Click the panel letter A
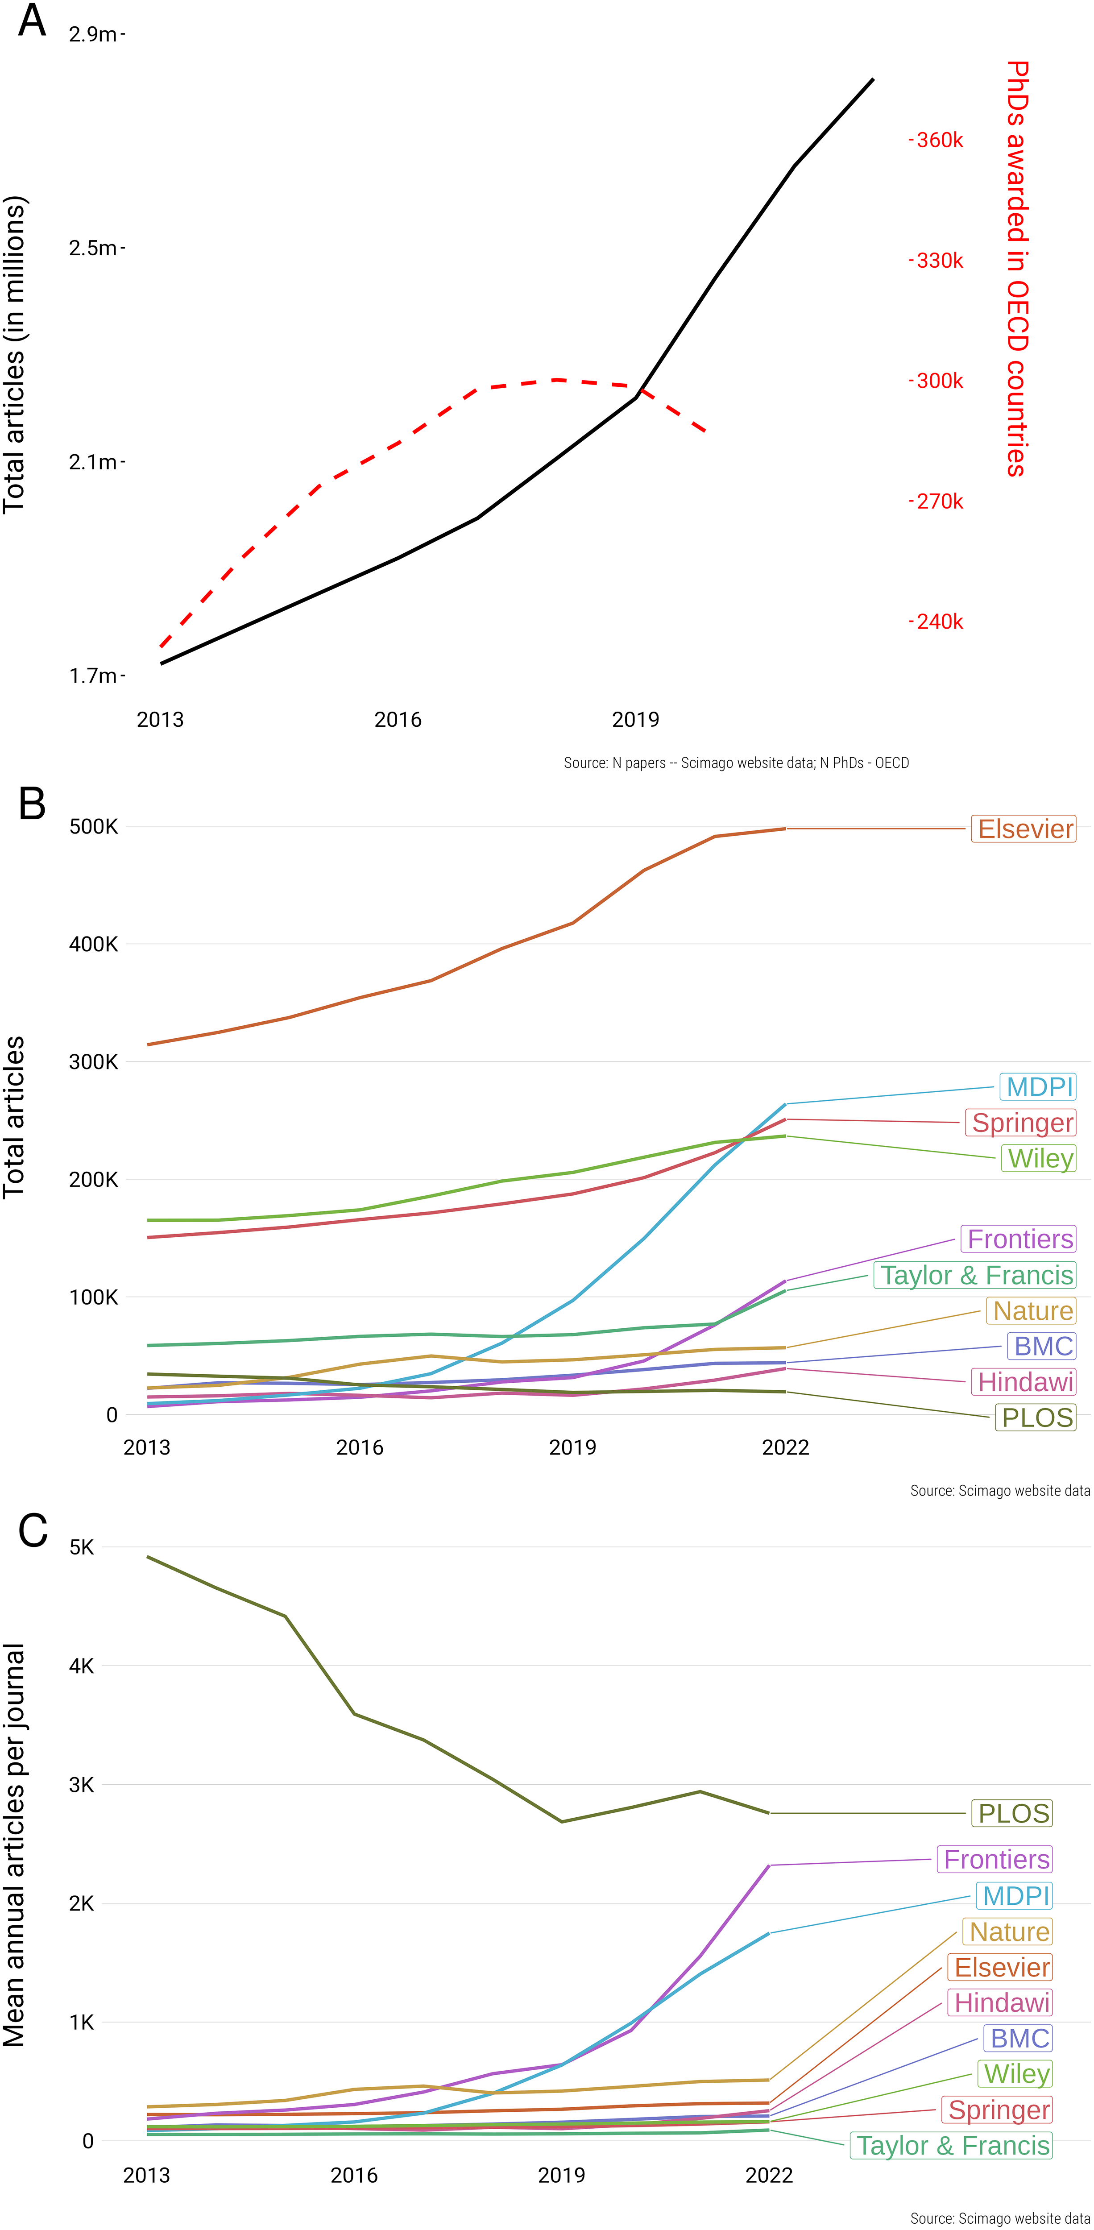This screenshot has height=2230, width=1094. (32, 21)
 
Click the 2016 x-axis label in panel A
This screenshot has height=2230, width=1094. (397, 719)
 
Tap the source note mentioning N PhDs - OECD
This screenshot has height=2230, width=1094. (736, 763)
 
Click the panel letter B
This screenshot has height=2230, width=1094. (32, 804)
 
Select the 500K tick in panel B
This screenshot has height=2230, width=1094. (94, 827)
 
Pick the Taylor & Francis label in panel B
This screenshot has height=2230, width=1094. (975, 1275)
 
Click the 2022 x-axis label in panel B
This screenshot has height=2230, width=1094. (785, 1447)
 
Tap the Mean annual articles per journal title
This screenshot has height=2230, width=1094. (15, 1844)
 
